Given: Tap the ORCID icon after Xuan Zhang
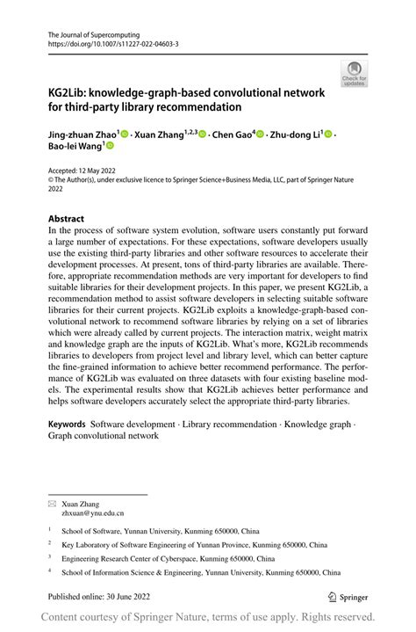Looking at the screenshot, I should click(202, 134).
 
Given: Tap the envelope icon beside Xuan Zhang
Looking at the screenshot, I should click(52, 505).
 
